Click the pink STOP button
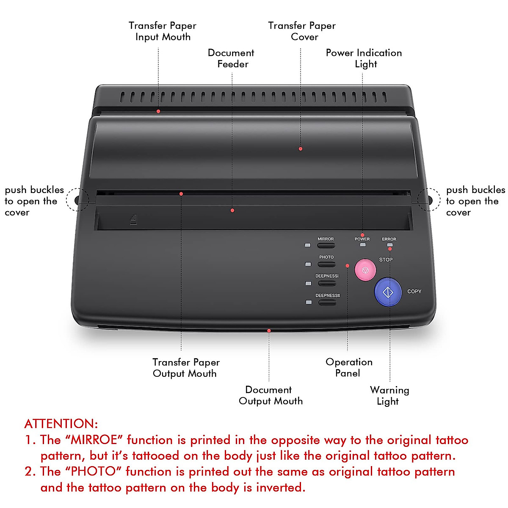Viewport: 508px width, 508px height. click(x=365, y=270)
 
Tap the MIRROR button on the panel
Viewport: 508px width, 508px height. click(x=326, y=245)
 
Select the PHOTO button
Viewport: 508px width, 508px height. click(x=326, y=264)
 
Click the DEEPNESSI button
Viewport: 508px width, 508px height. click(x=327, y=283)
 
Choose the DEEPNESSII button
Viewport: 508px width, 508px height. click(x=327, y=302)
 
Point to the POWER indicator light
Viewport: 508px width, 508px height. click(x=362, y=245)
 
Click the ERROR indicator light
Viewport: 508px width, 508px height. click(x=389, y=245)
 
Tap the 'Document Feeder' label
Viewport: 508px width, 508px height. click(x=231, y=58)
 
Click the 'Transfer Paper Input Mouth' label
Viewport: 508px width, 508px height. click(x=163, y=31)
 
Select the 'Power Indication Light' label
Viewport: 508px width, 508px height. click(x=364, y=58)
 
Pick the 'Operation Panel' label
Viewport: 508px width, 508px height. click(x=349, y=367)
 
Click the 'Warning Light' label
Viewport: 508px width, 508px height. click(x=389, y=395)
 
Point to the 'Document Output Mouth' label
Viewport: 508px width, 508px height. click(x=271, y=395)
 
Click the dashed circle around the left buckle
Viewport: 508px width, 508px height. click(x=77, y=199)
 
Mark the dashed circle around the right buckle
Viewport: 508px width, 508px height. click(x=429, y=199)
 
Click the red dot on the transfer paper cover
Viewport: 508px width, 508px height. click(x=301, y=149)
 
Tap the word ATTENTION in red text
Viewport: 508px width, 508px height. click(x=61, y=424)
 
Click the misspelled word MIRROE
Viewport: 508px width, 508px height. click(x=94, y=440)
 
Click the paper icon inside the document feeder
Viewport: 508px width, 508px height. click(x=133, y=220)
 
